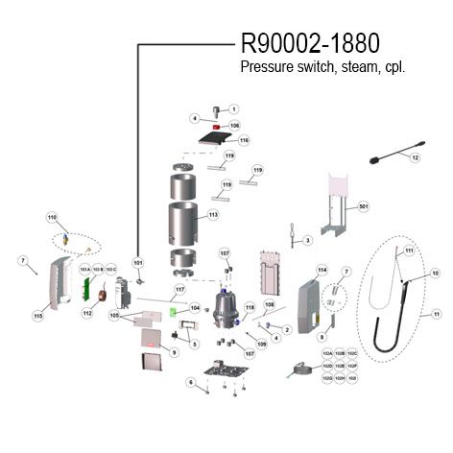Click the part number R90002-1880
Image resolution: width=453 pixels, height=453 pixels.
click(308, 43)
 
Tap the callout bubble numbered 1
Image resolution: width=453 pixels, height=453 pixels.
click(233, 109)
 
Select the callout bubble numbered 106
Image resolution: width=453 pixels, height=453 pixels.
click(234, 126)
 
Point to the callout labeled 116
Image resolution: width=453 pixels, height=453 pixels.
click(244, 140)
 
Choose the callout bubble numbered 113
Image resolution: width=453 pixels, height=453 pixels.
click(213, 215)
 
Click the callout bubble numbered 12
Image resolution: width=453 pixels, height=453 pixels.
click(416, 156)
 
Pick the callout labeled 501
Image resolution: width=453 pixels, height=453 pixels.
click(363, 206)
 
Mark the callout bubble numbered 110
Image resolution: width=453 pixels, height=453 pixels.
click(53, 218)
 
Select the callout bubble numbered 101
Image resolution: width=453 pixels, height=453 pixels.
click(137, 261)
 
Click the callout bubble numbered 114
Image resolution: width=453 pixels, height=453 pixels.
click(322, 270)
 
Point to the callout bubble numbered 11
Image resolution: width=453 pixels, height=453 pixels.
click(437, 314)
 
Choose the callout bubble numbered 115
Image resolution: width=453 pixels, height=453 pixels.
click(38, 316)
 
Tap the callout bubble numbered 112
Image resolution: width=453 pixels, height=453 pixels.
click(85, 313)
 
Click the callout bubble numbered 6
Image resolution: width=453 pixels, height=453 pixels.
click(191, 383)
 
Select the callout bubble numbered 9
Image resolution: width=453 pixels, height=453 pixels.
click(175, 353)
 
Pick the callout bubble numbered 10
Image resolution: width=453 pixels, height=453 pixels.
click(435, 274)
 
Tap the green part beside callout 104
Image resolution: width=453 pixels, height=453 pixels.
click(174, 310)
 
